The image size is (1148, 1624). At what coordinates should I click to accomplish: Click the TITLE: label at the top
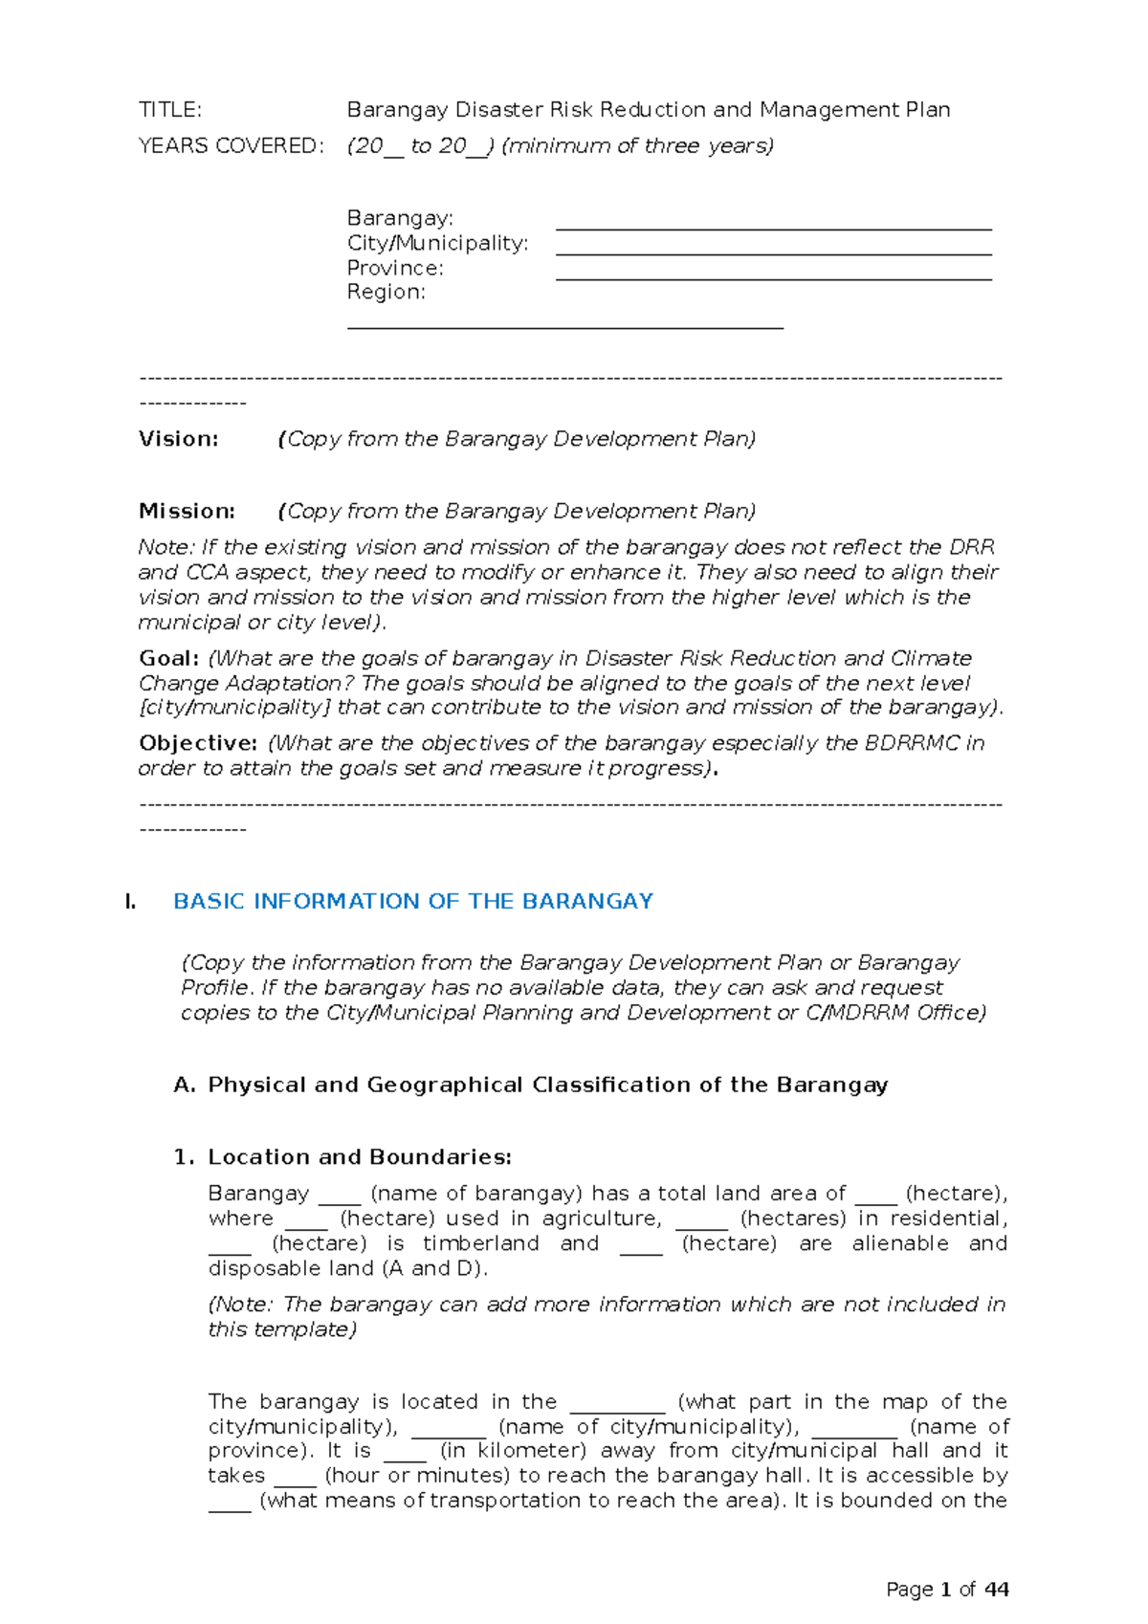170,110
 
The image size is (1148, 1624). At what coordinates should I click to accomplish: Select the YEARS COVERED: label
231,146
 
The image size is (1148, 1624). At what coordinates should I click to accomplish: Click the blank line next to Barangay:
773,228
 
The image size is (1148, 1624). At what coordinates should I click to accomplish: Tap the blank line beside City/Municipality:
773,252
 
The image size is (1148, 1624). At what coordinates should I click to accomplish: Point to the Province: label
394,268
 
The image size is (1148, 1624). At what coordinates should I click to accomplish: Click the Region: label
386,292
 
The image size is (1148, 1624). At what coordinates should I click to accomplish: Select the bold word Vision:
179,439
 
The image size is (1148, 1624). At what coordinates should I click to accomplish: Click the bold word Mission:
187,512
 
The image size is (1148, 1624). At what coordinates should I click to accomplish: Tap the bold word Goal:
169,659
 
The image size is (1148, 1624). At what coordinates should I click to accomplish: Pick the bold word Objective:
198,743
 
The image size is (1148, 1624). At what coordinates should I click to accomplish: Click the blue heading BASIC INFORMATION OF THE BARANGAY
413,901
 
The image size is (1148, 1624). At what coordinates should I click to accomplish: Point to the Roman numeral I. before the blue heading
130,901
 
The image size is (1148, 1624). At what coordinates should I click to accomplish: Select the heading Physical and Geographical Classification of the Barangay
547,1085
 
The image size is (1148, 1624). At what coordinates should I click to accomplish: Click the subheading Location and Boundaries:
359,1157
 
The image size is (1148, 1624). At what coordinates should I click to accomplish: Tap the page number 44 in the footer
996,1590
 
